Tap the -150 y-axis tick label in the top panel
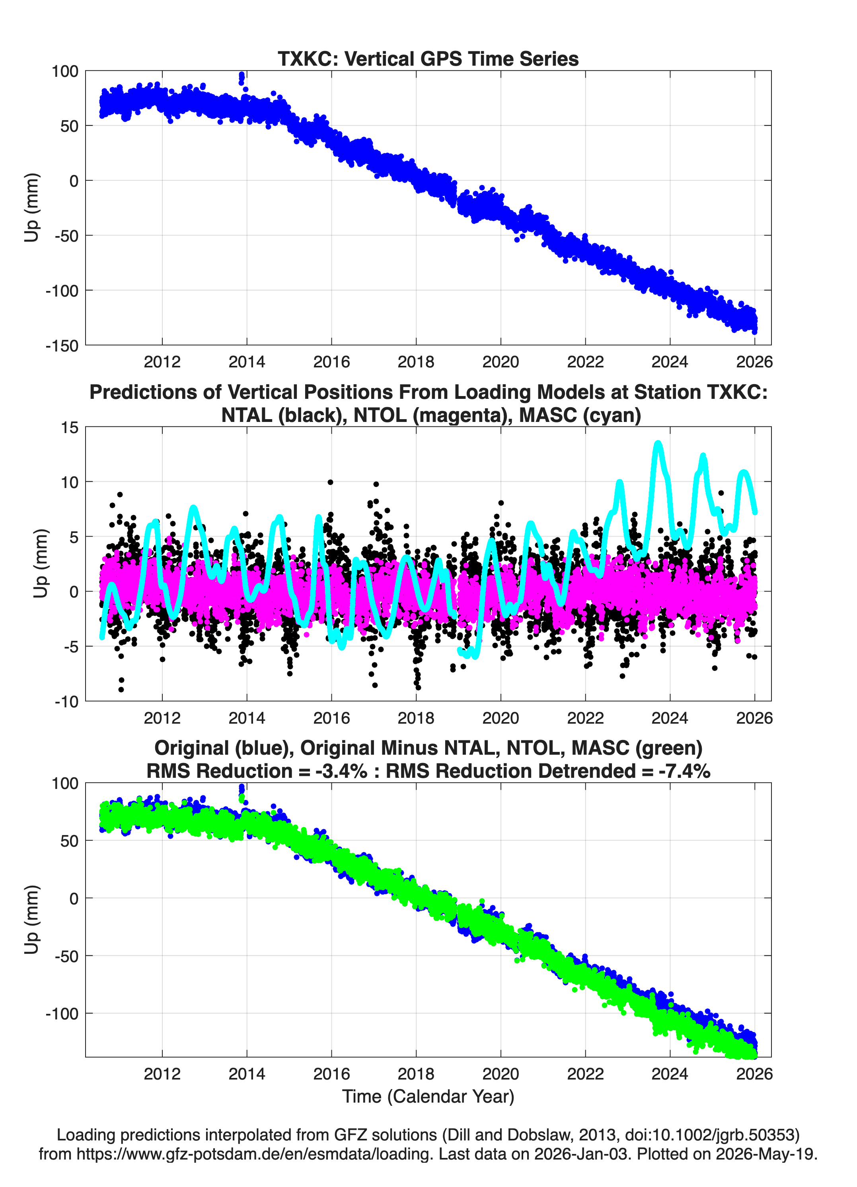tap(62, 346)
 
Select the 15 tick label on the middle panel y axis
tap(70, 427)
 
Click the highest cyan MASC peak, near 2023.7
tap(658, 444)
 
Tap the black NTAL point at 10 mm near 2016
tap(330, 482)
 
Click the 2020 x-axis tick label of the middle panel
tap(501, 718)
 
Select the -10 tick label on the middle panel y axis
tap(66, 701)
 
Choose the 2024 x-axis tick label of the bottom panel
tap(670, 1074)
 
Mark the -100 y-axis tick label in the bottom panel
tap(62, 1014)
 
